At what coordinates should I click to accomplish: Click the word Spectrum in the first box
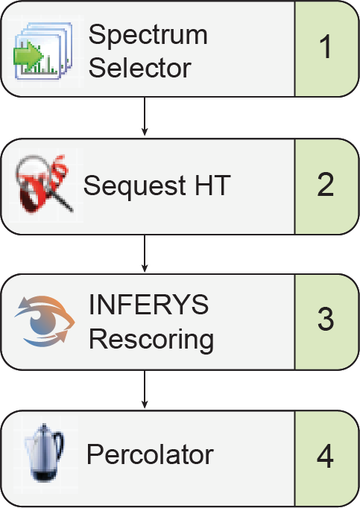pos(148,35)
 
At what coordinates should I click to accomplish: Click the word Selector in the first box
pos(139,68)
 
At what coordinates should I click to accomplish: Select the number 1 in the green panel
pos(325,48)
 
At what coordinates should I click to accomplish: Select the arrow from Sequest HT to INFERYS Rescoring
pos(145,253)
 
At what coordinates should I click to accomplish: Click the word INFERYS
pos(148,305)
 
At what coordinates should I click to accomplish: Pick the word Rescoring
pos(151,339)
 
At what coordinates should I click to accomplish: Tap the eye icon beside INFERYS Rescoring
pos(44,321)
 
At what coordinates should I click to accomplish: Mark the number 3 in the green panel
pos(325,320)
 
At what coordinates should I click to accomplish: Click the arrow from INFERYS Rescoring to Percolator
pos(145,389)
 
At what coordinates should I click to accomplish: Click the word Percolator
pos(149,454)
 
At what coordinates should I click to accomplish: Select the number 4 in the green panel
pos(325,456)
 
